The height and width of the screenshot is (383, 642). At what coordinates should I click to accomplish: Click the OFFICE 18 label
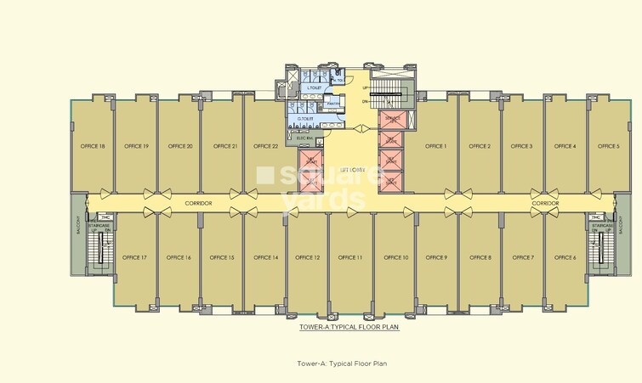pos(92,146)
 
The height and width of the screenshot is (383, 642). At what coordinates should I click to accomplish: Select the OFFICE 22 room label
pos(265,146)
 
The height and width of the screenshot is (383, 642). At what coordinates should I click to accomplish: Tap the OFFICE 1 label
pos(435,146)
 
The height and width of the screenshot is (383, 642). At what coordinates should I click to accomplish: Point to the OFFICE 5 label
pos(608,146)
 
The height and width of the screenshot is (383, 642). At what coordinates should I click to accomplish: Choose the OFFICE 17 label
pos(134,257)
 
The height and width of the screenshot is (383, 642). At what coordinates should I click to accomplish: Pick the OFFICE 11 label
pos(350,257)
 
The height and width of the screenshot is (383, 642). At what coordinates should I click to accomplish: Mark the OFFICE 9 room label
pos(436,257)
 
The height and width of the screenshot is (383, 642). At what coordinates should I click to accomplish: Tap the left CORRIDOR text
pos(198,204)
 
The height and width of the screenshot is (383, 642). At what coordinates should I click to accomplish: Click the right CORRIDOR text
pos(545,204)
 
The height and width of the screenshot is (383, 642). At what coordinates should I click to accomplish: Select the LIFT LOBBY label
pos(352,170)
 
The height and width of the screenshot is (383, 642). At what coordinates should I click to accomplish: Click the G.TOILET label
pos(305,118)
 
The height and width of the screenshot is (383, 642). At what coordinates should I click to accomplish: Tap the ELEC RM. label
pos(309,137)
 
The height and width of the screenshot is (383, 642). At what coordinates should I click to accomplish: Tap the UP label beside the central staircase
pos(365,87)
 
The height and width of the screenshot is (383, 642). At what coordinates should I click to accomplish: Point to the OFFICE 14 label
pos(264,257)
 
